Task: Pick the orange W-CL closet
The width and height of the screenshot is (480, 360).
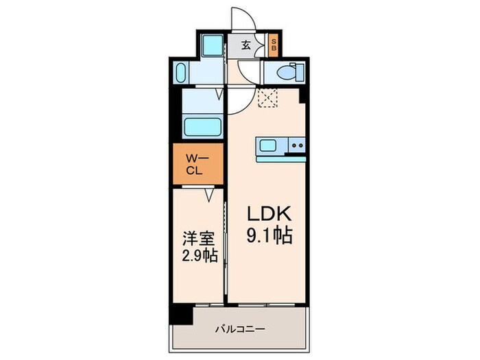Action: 197,165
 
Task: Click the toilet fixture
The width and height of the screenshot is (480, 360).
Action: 287,71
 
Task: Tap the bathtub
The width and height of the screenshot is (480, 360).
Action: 202,128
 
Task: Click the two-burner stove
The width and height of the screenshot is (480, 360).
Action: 296,145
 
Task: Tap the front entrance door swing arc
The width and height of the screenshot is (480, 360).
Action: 243,19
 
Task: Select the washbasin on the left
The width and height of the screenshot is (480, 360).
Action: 182,72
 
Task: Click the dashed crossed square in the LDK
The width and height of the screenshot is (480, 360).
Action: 267,98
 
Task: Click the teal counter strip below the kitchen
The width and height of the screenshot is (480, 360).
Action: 280,158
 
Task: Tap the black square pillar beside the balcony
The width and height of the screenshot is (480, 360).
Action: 180,314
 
